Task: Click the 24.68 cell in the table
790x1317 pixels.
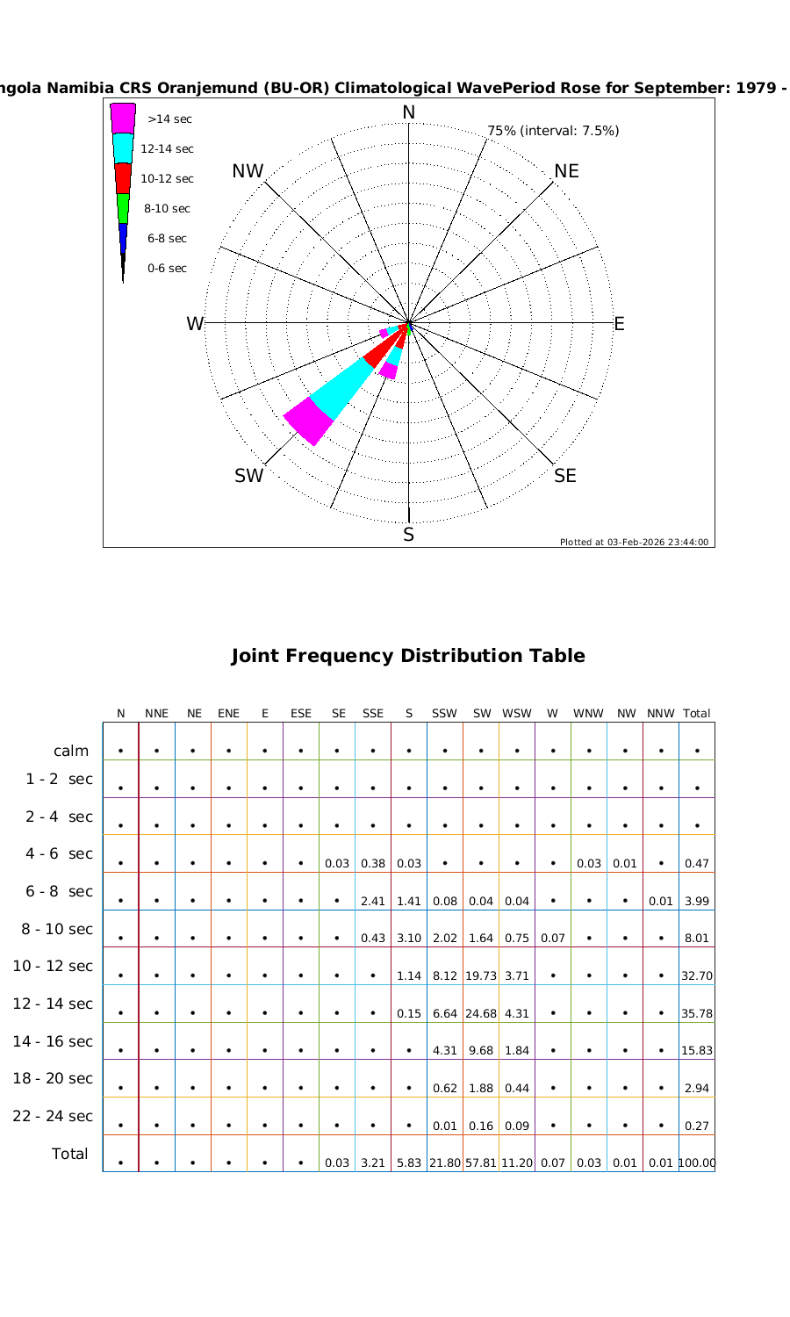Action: pyautogui.click(x=481, y=1013)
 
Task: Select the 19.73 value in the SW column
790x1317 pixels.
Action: pyautogui.click(x=481, y=975)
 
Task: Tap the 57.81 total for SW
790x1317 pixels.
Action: pyautogui.click(x=482, y=1163)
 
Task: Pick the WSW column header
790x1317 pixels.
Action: pyautogui.click(x=517, y=714)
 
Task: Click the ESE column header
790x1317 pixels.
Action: pyautogui.click(x=301, y=714)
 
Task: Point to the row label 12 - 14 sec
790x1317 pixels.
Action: pyautogui.click(x=53, y=1004)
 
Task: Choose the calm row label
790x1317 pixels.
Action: pyautogui.click(x=71, y=751)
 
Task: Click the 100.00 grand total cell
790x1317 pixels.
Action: pyautogui.click(x=697, y=1163)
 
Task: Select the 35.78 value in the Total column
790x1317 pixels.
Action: pyautogui.click(x=697, y=1013)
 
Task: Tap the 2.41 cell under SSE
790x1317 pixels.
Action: pyautogui.click(x=373, y=901)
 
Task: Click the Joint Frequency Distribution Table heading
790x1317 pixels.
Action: pyautogui.click(x=408, y=656)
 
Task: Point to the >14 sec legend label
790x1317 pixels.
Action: pyautogui.click(x=169, y=119)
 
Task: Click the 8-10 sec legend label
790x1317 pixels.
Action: pyautogui.click(x=167, y=209)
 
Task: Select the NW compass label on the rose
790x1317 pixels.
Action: pyautogui.click(x=248, y=171)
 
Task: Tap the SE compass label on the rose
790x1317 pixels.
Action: pyautogui.click(x=565, y=476)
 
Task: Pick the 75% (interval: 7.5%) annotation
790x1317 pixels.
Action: pyautogui.click(x=553, y=131)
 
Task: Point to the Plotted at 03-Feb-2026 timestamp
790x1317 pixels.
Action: pyautogui.click(x=635, y=542)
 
